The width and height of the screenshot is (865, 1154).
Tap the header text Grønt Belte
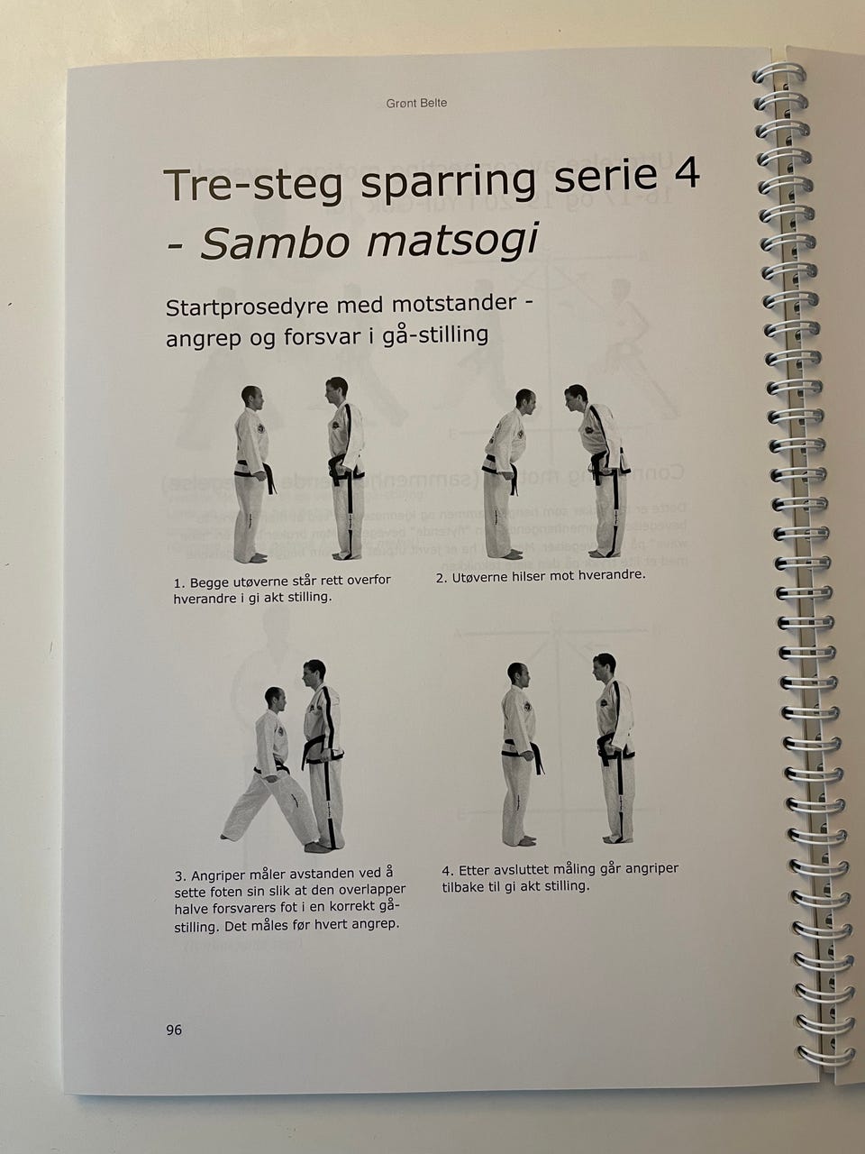point(416,103)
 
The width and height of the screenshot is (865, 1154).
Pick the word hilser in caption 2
point(525,577)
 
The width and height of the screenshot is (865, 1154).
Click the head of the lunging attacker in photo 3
point(276,699)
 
